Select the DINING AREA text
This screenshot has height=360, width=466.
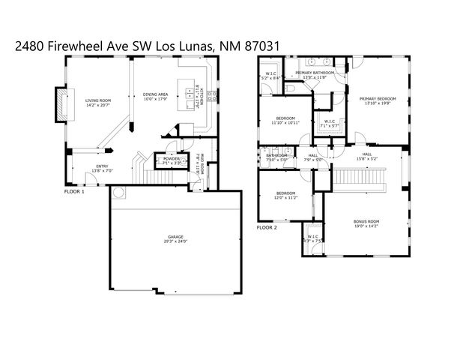[156, 94]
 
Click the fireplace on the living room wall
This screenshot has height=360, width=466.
[61, 105]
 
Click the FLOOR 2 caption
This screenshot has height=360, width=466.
[267, 227]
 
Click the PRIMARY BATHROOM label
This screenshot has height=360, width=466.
[315, 74]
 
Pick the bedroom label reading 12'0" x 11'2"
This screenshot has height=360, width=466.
[285, 196]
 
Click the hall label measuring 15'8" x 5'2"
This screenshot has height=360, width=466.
[366, 157]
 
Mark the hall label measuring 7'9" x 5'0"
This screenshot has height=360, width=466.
[313, 157]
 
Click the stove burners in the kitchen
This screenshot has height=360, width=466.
[212, 96]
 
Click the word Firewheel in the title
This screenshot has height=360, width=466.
[73, 45]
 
